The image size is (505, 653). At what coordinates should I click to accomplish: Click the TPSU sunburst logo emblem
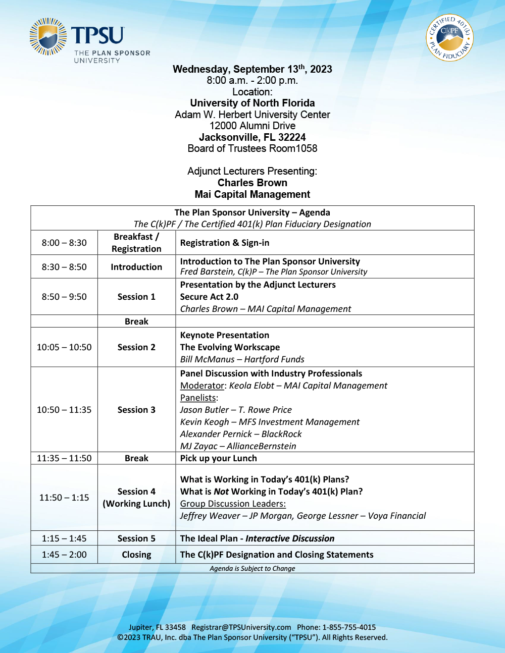tap(48, 36)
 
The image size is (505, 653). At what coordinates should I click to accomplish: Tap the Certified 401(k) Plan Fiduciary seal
tap(449, 37)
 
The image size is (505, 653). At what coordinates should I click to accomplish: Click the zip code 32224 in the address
tap(292, 137)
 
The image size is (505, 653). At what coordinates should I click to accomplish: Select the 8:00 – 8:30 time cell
tap(64, 243)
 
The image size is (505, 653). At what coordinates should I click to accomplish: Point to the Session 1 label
tap(136, 297)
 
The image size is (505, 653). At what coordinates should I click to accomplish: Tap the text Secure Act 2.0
tap(209, 297)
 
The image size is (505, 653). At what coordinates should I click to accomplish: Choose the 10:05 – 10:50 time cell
tap(64, 347)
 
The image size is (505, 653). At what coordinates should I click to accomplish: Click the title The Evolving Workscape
tap(230, 347)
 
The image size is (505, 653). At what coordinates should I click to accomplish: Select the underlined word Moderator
tap(202, 386)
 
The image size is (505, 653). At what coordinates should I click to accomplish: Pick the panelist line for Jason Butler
tap(236, 410)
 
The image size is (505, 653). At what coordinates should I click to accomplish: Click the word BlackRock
tap(281, 434)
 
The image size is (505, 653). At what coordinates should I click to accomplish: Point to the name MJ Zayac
tap(198, 446)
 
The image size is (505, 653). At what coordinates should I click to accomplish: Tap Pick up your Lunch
tap(218, 458)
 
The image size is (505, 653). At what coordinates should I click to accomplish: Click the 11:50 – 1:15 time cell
tap(64, 498)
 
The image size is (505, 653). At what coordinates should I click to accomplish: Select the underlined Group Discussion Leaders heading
tap(233, 504)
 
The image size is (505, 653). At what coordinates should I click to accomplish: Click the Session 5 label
tap(136, 538)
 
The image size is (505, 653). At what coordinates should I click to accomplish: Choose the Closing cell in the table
tap(136, 555)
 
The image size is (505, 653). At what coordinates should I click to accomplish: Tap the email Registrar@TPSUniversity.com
tap(241, 627)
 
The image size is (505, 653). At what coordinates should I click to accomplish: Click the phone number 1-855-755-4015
tap(349, 627)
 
